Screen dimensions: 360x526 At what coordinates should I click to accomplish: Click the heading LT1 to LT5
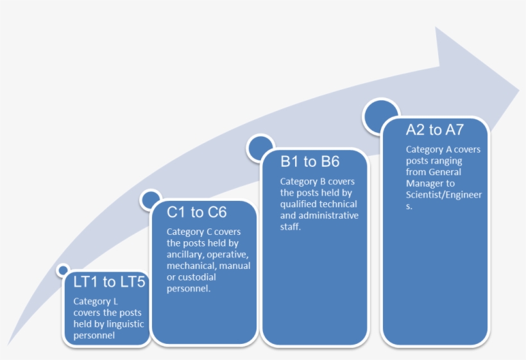tap(109, 282)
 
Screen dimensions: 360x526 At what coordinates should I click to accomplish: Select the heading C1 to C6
tap(197, 212)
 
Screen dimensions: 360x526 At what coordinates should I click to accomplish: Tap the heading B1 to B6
tap(310, 162)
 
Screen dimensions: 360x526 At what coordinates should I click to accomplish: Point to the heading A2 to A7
tap(434, 130)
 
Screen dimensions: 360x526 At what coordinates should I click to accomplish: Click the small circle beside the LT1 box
tap(63, 270)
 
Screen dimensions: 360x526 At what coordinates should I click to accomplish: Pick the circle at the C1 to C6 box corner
tap(151, 200)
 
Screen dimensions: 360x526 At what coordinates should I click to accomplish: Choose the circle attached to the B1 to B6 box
tap(260, 147)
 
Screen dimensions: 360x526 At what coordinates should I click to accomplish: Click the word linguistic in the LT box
tap(126, 324)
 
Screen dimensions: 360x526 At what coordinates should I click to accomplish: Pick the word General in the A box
tap(445, 172)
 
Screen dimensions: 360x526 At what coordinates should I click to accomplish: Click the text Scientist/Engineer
tap(443, 195)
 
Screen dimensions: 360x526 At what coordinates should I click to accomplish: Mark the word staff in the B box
tap(290, 227)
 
